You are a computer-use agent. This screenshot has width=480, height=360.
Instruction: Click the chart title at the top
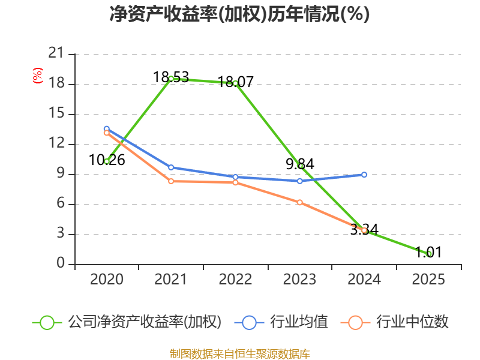coord(239,14)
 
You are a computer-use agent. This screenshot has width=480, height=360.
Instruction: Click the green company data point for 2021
coord(171,79)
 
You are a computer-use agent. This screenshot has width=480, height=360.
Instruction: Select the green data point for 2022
coord(235,83)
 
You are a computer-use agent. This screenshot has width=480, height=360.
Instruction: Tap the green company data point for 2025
coord(429,254)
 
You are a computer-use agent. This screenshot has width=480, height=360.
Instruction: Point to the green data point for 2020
coord(107,161)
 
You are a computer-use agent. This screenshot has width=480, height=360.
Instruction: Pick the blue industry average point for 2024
coord(364,175)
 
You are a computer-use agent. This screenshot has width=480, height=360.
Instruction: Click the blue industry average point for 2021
coord(171,167)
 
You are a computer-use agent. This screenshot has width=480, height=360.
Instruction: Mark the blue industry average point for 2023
coord(300,181)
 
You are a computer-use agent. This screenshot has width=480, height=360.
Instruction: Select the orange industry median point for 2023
coord(300,202)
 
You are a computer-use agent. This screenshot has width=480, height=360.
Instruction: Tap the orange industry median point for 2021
coord(171,181)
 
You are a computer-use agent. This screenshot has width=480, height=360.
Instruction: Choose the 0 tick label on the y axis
coord(60,264)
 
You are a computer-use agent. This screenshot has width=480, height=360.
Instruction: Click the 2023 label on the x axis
coord(300,280)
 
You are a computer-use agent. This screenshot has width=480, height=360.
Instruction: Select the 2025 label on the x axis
coord(429,280)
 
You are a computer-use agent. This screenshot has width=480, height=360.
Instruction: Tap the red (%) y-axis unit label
coord(38,76)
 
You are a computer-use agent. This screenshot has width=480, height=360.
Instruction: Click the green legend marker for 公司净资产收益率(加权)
coord(47,322)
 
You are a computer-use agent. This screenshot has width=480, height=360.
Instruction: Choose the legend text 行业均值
coord(299,322)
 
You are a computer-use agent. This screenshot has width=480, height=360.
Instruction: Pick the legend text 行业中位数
coord(412,322)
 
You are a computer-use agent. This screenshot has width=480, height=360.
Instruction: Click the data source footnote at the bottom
coord(239,353)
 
